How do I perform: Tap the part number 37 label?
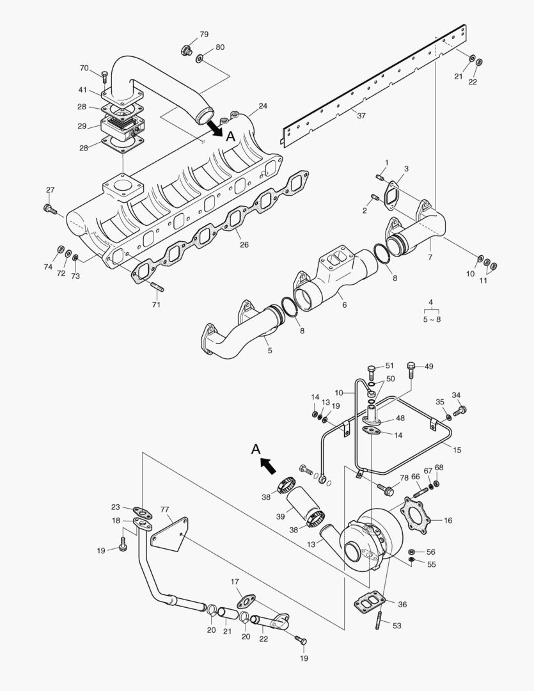(x=361, y=115)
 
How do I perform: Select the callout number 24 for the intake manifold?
(x=263, y=106)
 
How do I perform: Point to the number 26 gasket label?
(x=244, y=244)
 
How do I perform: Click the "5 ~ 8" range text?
(x=430, y=319)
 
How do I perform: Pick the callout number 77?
(x=165, y=509)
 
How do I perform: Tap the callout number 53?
(x=397, y=625)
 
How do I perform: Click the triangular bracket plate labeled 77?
(x=169, y=530)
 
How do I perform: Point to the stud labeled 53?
(x=381, y=621)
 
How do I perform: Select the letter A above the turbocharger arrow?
(x=255, y=450)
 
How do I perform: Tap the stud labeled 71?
(x=157, y=286)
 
